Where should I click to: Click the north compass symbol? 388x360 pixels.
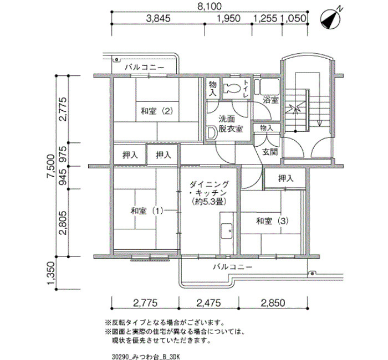click(330, 19)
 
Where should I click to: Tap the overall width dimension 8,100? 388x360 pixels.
click(210, 7)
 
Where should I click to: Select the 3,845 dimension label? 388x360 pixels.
click(159, 18)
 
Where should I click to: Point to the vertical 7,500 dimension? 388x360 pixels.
click(51, 166)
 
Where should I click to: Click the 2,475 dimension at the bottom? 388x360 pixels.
click(208, 302)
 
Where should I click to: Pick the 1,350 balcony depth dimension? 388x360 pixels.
click(51, 273)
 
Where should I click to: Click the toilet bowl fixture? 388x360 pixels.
click(232, 88)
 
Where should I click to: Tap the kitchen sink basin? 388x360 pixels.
click(226, 231)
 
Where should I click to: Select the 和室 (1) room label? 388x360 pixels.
click(147, 211)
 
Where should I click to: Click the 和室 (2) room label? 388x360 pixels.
click(157, 111)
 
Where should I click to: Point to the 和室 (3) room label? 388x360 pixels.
click(272, 221)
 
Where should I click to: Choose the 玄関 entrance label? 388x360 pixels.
click(270, 152)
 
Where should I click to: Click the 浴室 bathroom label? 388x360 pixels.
click(270, 100)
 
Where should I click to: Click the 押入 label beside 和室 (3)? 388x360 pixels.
click(286, 178)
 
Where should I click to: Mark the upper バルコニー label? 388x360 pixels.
click(145, 67)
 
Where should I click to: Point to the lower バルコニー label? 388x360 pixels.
click(233, 267)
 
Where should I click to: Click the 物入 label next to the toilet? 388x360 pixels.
click(213, 88)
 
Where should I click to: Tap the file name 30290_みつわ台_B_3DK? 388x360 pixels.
click(146, 357)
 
